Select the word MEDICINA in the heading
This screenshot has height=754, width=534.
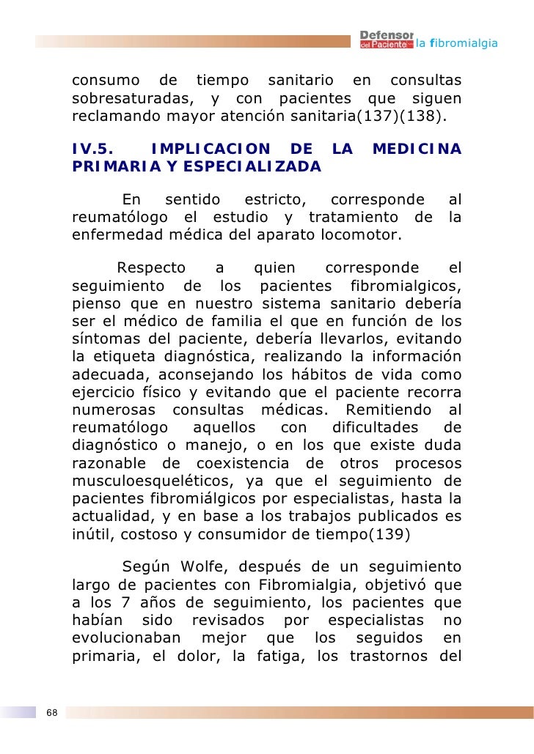417,149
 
